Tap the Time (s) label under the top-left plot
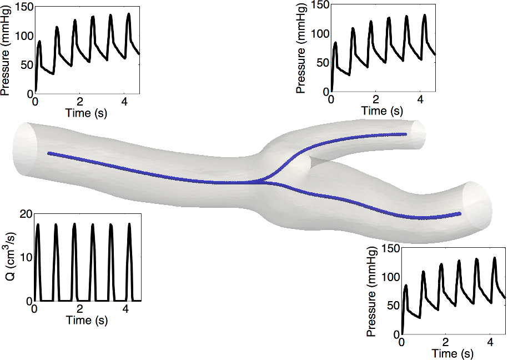tap(87, 113)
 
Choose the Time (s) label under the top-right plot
tap(382, 111)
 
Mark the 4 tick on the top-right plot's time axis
tap(421, 99)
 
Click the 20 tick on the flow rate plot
tap(26, 214)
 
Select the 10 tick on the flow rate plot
tap(26, 257)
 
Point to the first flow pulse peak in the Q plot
tap(38, 224)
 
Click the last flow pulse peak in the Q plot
tap(129, 224)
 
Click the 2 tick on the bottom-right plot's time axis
tap(446, 342)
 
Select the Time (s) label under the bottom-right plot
tap(452, 353)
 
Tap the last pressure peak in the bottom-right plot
tap(494, 258)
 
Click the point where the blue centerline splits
tap(261, 181)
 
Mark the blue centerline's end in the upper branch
tap(406, 134)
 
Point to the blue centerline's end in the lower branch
tap(460, 214)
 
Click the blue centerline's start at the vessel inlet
tap(49, 153)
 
